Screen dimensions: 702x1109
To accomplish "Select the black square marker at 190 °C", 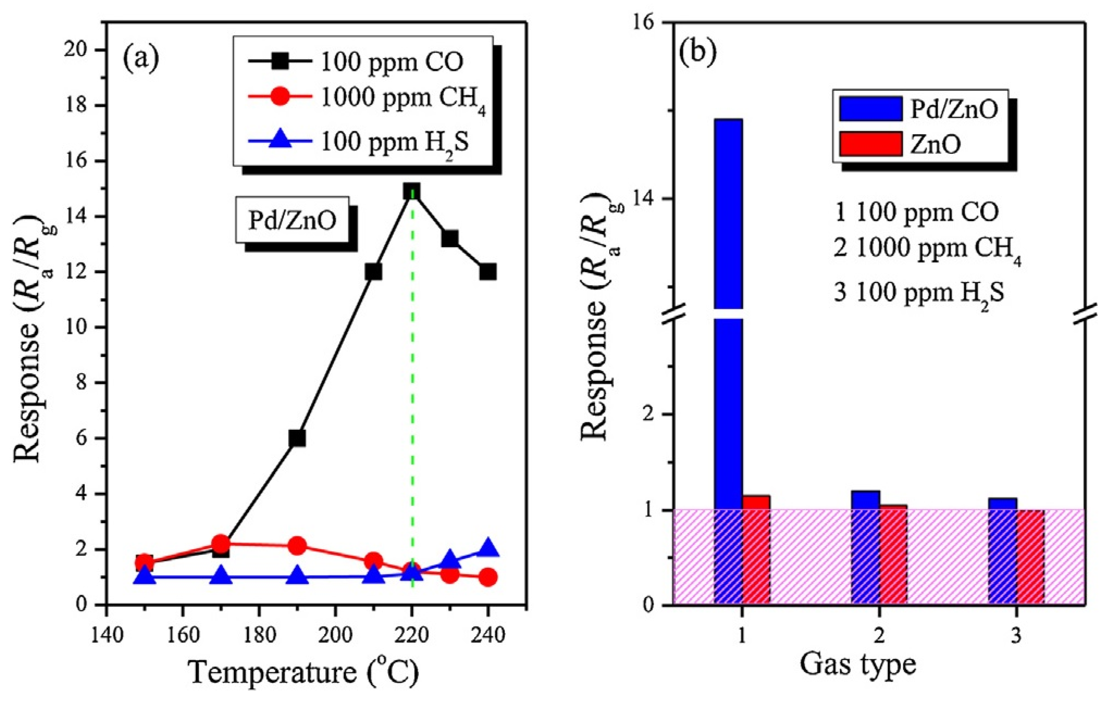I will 297,438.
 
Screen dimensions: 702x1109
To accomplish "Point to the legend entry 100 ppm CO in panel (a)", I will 391,63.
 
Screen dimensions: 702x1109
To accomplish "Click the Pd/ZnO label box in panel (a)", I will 292,220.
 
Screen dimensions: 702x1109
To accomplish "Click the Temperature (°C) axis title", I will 304,673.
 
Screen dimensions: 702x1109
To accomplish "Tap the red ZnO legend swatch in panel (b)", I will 870,144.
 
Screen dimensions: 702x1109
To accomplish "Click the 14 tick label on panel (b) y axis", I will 649,199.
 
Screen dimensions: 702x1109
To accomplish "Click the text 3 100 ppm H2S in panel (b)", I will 919,294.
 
